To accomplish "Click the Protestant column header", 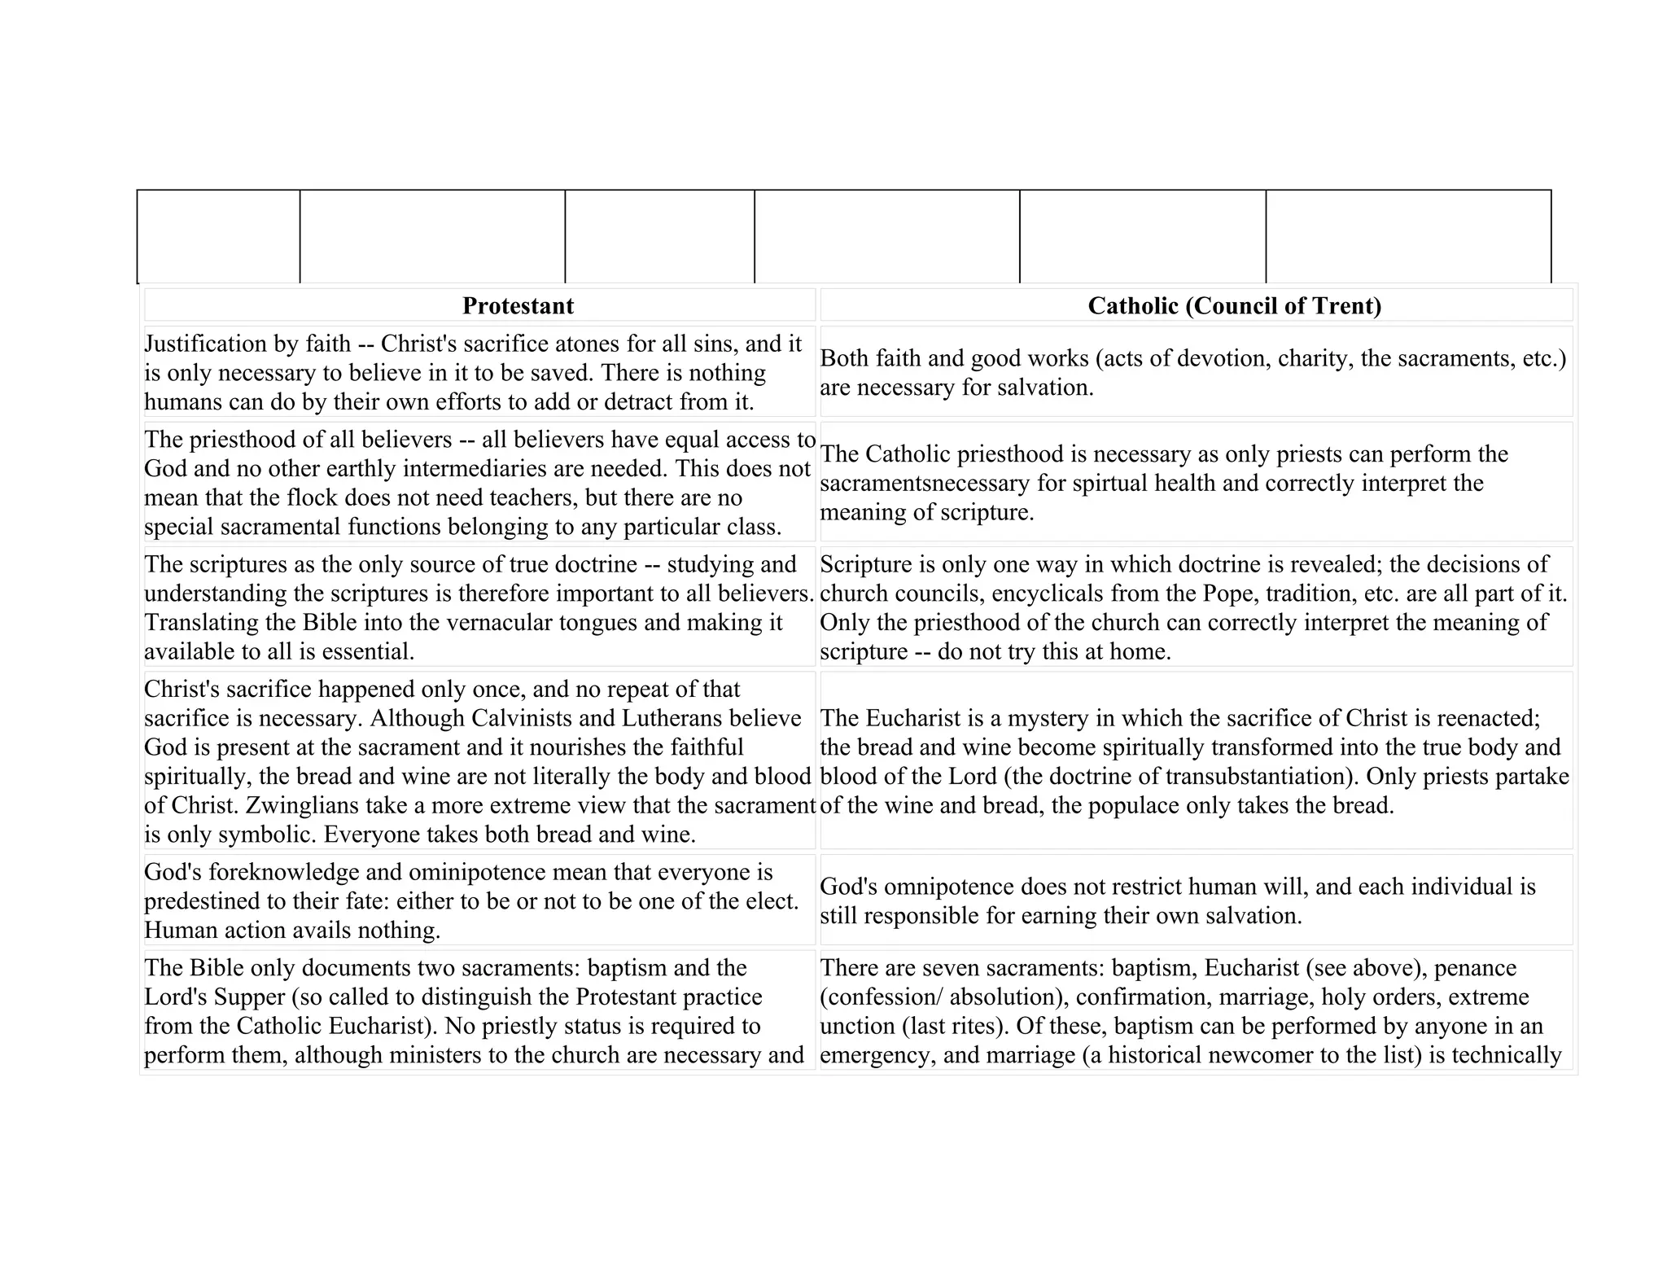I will click(x=518, y=306).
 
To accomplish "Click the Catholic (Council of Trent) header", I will click(x=1234, y=306).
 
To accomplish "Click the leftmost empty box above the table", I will click(x=218, y=236).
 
